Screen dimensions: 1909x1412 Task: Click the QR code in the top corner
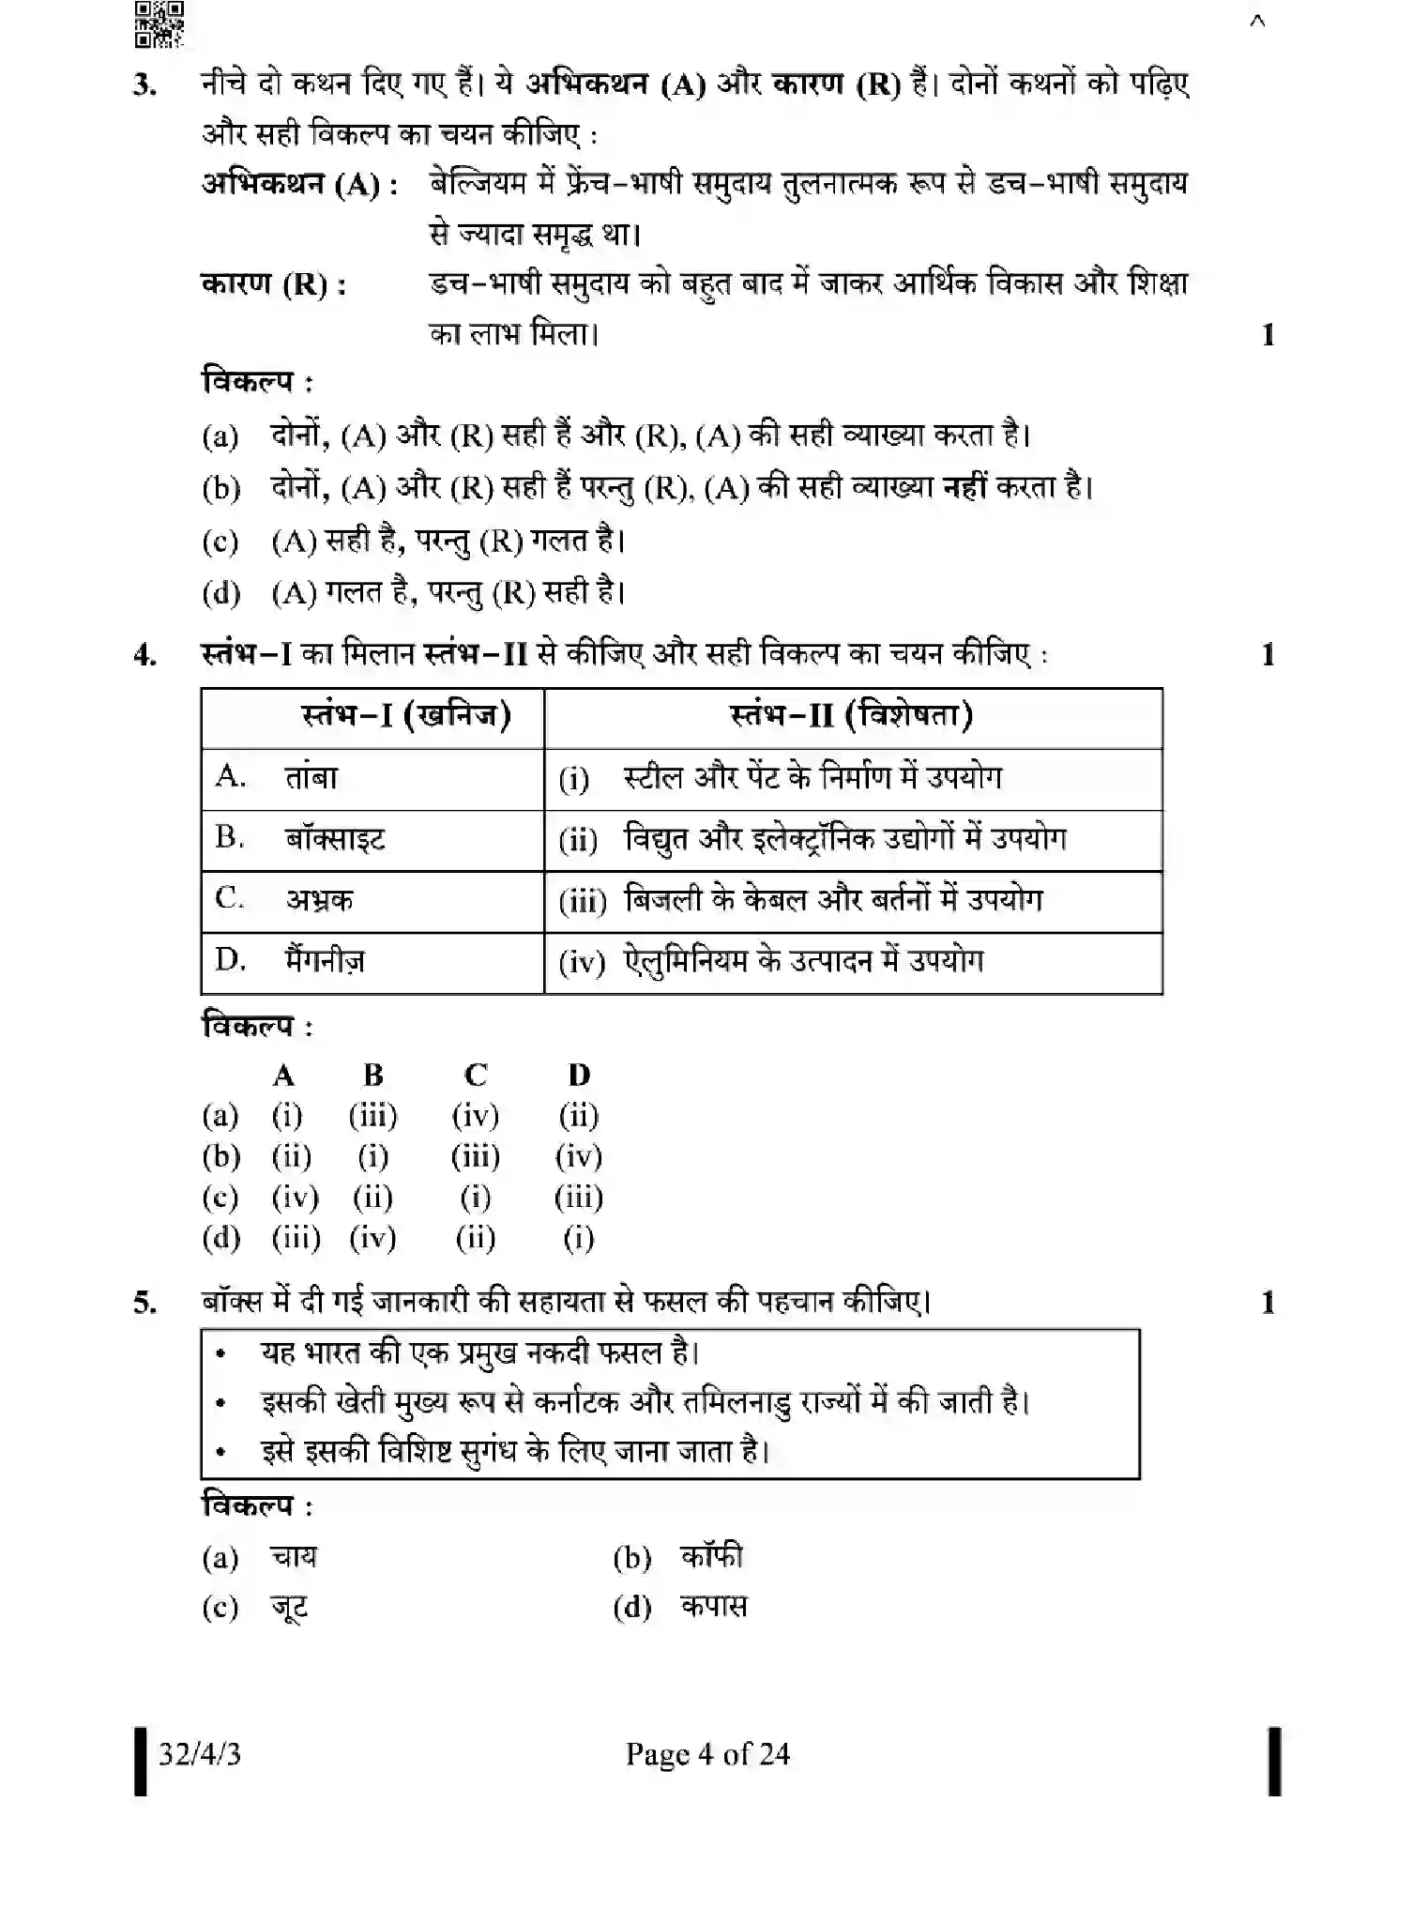[x=159, y=24]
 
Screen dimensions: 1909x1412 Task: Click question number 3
[x=144, y=85]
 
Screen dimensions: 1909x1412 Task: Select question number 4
[x=144, y=654]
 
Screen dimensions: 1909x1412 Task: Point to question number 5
[x=144, y=1303]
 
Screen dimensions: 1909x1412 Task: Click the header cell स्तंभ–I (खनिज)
[x=406, y=716]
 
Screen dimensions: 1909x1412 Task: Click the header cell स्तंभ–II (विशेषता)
[x=851, y=716]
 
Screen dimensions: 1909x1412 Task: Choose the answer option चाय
[x=294, y=1558]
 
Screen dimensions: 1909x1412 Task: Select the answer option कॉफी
[x=711, y=1558]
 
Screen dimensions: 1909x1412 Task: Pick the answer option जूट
[x=289, y=1608]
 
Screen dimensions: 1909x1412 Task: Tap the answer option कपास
[x=714, y=1608]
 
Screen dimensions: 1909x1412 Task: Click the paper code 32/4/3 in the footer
[x=199, y=1754]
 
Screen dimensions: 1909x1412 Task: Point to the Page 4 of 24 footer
[x=707, y=1754]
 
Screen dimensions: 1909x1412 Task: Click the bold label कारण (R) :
[x=274, y=283]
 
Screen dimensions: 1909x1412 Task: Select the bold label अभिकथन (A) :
[x=300, y=184]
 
